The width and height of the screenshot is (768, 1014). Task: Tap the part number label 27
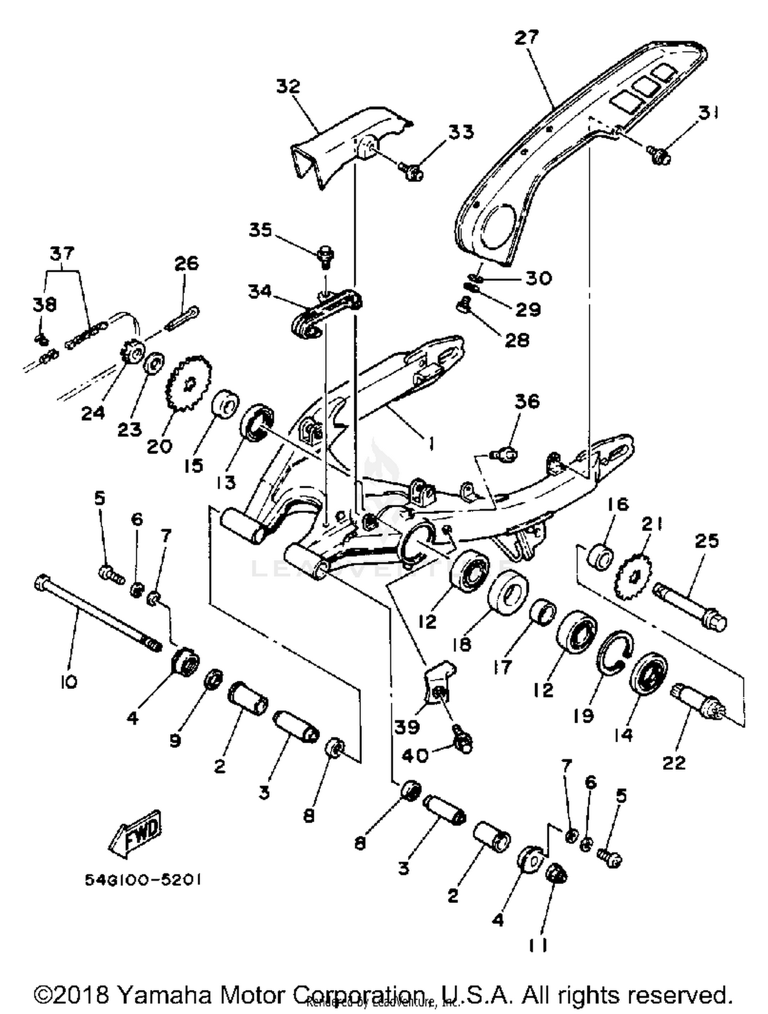click(527, 37)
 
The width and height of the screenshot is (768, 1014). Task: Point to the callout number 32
click(288, 86)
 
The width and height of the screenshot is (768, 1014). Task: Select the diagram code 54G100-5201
click(142, 879)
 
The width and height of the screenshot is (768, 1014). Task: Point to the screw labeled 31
click(659, 155)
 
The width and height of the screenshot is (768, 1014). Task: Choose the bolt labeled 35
click(325, 256)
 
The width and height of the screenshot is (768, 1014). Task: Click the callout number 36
click(527, 401)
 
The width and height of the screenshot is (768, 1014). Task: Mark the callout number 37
click(62, 253)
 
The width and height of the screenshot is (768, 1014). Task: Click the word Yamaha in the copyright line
click(165, 995)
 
